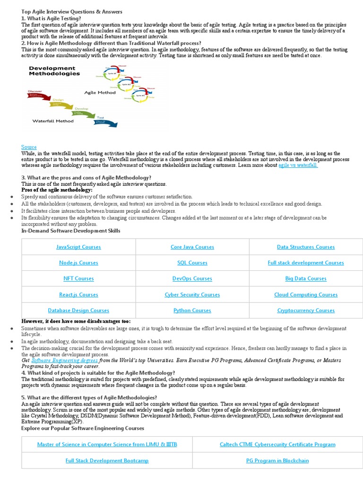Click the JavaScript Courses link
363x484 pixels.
tap(78, 247)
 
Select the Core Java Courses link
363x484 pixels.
tap(192, 247)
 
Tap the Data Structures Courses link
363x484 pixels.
tap(305, 247)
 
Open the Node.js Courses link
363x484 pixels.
tap(78, 263)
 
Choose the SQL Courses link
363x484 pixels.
tap(192, 263)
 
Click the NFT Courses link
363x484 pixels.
tap(78, 278)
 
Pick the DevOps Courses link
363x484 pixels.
tap(192, 278)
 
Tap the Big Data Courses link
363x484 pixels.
tap(305, 278)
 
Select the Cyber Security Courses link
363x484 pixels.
tap(192, 294)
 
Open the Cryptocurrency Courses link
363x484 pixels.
tap(305, 311)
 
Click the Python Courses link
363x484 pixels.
tap(192, 311)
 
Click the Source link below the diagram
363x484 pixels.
tap(29, 147)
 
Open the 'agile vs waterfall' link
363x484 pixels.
tap(298, 165)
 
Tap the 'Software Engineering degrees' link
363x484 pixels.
tap(64, 360)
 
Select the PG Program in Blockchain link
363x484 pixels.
tap(277, 460)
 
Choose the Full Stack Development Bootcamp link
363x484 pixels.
tap(107, 460)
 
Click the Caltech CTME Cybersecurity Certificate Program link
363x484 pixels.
tap(277, 444)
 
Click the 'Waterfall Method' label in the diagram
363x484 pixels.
tap(53, 121)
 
